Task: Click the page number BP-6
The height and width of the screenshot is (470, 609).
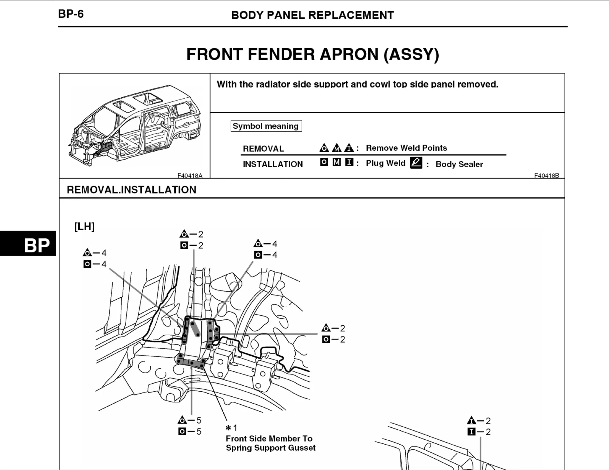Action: pyautogui.click(x=71, y=14)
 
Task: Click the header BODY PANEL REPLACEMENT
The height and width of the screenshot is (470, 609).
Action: pyautogui.click(x=312, y=15)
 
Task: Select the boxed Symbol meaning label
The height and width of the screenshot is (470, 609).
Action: pyautogui.click(x=266, y=126)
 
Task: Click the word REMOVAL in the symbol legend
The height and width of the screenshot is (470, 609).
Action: pyautogui.click(x=263, y=149)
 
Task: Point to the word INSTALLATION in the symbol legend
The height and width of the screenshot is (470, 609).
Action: pyautogui.click(x=273, y=164)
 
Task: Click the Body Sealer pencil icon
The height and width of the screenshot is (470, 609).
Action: pyautogui.click(x=416, y=163)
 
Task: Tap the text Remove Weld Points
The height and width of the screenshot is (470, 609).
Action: pyautogui.click(x=406, y=148)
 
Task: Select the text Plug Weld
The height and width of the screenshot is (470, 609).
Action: pyautogui.click(x=385, y=163)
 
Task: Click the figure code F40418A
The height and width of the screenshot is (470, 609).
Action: pyautogui.click(x=190, y=175)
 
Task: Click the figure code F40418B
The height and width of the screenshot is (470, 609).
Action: pyautogui.click(x=547, y=175)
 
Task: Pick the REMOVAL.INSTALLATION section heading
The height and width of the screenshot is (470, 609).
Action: pyautogui.click(x=131, y=190)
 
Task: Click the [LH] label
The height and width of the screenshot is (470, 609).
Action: pyautogui.click(x=84, y=226)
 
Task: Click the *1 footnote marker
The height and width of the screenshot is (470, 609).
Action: pyautogui.click(x=231, y=428)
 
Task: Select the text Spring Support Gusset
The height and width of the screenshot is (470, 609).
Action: pyautogui.click(x=271, y=448)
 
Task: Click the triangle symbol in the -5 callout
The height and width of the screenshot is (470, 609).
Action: pyautogui.click(x=182, y=420)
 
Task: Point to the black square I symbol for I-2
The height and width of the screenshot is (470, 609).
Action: pyautogui.click(x=471, y=432)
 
